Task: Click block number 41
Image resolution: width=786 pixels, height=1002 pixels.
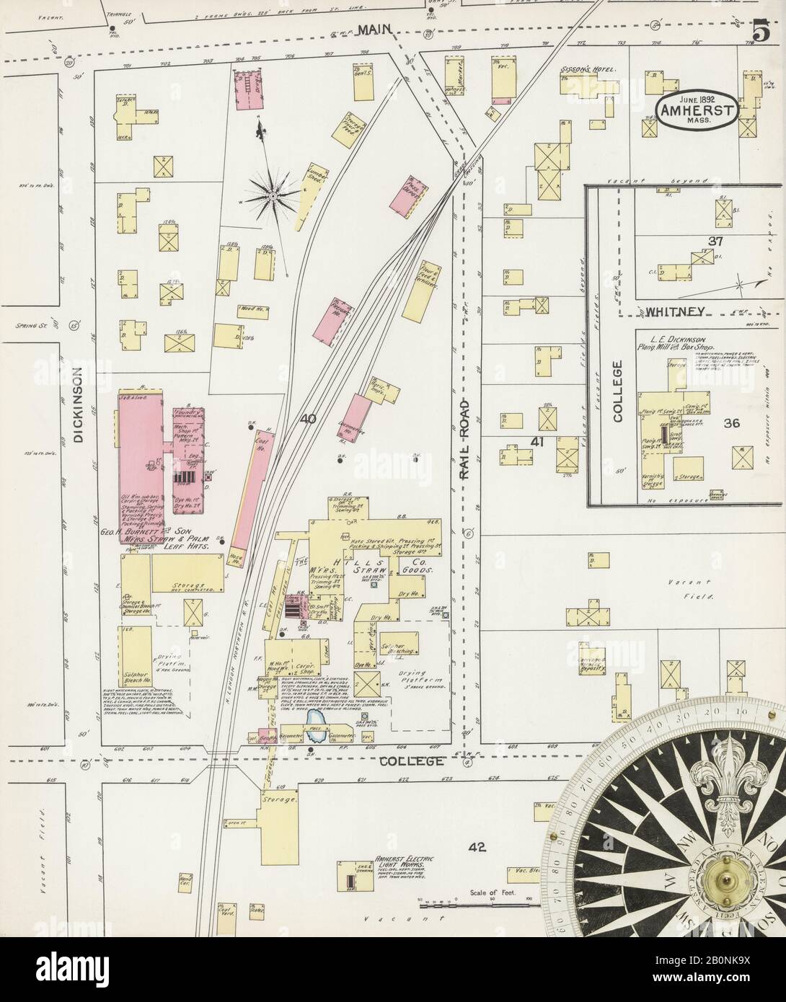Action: click(536, 440)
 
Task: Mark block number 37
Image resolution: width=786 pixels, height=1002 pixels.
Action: click(715, 241)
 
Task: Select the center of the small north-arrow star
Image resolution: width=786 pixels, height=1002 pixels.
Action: click(273, 195)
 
